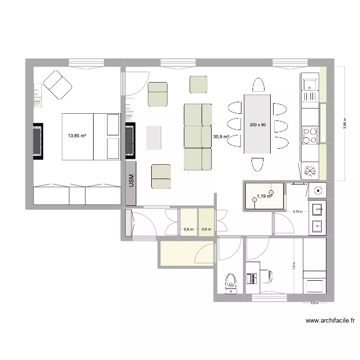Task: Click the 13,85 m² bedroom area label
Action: pyautogui.click(x=77, y=136)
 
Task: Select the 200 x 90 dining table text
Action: pyautogui.click(x=258, y=125)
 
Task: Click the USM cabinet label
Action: pyautogui.click(x=132, y=181)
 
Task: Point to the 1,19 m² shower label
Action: pyautogui.click(x=264, y=196)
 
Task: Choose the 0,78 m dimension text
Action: pyautogui.click(x=298, y=211)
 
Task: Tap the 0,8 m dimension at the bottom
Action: pyautogui.click(x=314, y=303)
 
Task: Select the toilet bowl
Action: pyautogui.click(x=231, y=283)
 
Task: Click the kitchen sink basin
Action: pyautogui.click(x=310, y=84)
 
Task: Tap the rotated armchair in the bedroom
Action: pyautogui.click(x=58, y=85)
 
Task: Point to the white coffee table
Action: pyautogui.click(x=154, y=137)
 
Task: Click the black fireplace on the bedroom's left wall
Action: pyautogui.click(x=37, y=140)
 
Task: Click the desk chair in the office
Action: pyautogui.click(x=266, y=276)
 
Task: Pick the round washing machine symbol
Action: pyautogui.click(x=317, y=190)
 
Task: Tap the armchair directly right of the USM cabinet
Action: pyautogui.click(x=161, y=176)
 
